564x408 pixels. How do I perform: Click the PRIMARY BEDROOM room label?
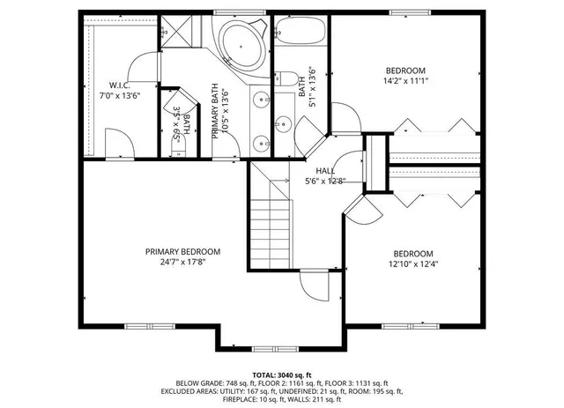pos(182,251)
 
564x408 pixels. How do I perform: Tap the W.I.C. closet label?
pos(120,85)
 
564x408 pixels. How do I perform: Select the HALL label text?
pos(325,171)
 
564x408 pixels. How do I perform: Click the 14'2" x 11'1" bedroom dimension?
pos(405,81)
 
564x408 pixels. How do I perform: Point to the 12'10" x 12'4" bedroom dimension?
pos(412,263)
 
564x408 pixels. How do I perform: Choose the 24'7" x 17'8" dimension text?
pos(182,262)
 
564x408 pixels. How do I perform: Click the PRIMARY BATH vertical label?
pos(214,111)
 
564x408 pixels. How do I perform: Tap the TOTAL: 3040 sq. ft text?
pos(281,375)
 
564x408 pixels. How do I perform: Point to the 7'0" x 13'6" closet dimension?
pos(120,95)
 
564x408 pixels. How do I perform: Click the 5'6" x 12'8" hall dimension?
pos(325,182)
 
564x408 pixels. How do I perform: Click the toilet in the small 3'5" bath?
pos(179,147)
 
